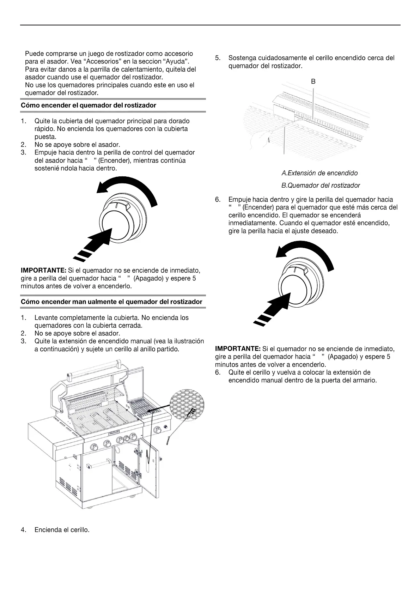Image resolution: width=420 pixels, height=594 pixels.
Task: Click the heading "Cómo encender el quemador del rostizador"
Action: pos(89,105)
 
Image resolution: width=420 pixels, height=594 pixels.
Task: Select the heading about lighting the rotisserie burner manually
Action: pos(111,302)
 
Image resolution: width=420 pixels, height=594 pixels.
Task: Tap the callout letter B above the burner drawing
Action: pos(313,81)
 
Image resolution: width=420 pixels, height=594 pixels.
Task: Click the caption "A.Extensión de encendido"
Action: pos(319,173)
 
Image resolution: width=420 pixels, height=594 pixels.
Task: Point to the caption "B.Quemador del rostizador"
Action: pos(321,186)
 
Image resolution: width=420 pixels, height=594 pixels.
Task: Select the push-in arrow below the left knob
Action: pos(93,244)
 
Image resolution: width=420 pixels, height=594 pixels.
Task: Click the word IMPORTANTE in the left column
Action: pos(43,271)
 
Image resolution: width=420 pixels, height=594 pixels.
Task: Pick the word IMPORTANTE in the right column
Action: pos(238,349)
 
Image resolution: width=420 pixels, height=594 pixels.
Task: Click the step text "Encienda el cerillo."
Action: pos(62,530)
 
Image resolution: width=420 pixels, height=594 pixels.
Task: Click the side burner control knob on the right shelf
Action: pos(158,430)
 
